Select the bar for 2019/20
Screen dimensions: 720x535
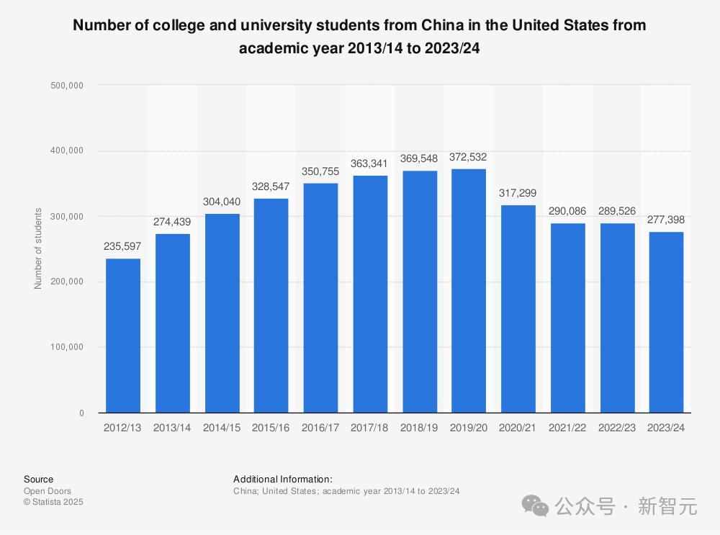(469, 291)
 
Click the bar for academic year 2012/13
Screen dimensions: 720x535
(123, 336)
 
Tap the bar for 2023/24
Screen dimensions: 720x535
(666, 323)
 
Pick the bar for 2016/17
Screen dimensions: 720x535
(320, 298)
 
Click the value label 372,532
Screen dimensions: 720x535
(468, 157)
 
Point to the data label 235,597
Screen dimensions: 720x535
(122, 246)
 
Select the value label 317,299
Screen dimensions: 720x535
(518, 193)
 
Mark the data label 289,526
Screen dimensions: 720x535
(617, 211)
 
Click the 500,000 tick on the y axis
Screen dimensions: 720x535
(67, 86)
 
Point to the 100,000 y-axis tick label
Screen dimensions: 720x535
(67, 347)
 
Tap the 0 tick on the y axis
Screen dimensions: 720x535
(82, 413)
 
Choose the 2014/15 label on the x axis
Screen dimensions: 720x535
(221, 428)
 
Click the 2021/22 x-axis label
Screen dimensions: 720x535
(567, 428)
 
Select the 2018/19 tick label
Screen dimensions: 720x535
(419, 428)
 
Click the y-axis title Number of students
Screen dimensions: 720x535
(37, 248)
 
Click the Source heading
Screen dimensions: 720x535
(39, 479)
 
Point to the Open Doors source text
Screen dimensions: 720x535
(48, 491)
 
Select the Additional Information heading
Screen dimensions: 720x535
(283, 479)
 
